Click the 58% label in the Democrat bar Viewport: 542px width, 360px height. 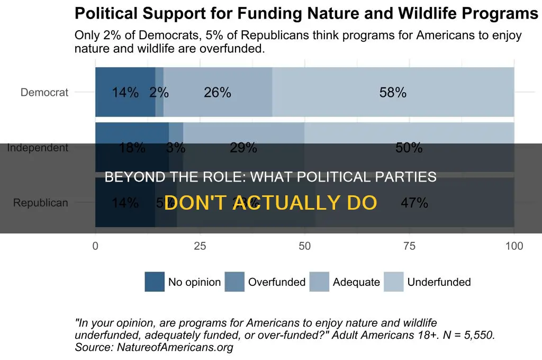point(393,93)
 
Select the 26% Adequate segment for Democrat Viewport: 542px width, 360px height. point(218,93)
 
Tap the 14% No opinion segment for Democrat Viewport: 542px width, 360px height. point(125,93)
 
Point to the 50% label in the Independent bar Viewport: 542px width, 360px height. point(409,148)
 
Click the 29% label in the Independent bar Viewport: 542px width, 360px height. point(243,148)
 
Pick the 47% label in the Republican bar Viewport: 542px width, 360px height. point(414,203)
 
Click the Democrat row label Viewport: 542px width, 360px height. point(44,93)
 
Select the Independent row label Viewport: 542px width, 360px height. point(38,148)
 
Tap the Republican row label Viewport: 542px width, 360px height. point(41,203)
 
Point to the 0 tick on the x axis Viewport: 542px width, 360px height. point(95,246)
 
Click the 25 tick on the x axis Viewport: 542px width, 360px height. point(200,246)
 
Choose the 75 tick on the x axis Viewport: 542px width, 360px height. point(409,246)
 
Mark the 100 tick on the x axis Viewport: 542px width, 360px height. point(513,246)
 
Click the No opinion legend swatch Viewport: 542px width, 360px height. point(155,282)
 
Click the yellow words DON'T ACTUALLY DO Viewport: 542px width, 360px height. point(270,202)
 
